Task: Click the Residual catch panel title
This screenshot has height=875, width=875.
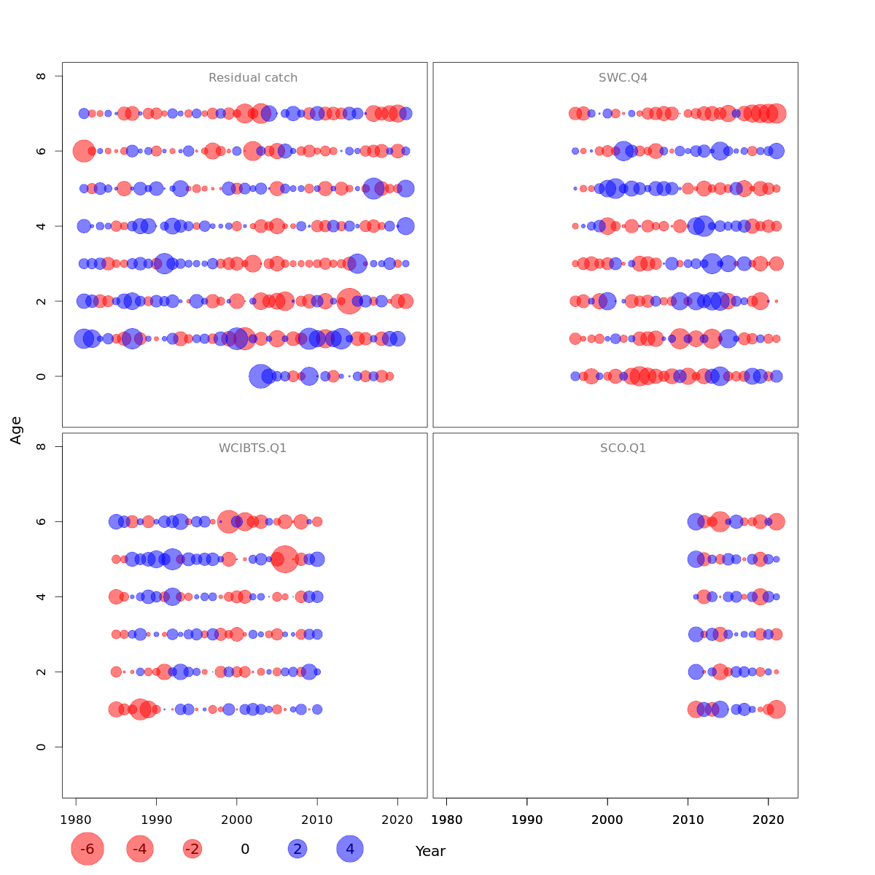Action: (x=253, y=78)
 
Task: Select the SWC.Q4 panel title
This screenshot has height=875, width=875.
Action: (x=623, y=78)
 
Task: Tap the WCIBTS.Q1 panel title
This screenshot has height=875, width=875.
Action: (x=253, y=448)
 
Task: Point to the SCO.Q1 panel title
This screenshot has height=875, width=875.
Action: (x=623, y=448)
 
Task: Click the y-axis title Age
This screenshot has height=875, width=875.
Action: (x=16, y=430)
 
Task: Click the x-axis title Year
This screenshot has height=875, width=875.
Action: (x=430, y=851)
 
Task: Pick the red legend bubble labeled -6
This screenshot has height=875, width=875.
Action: (x=87, y=849)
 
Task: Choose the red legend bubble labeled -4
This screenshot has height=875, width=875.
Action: (x=140, y=849)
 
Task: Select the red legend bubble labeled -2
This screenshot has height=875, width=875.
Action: (x=192, y=849)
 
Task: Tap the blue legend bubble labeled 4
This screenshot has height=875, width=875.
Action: (x=350, y=849)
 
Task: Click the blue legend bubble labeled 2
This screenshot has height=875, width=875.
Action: (x=297, y=849)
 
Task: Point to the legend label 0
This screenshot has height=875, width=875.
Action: (x=245, y=849)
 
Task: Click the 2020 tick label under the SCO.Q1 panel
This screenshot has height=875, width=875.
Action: (x=769, y=820)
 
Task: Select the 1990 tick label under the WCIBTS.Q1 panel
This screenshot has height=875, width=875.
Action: (x=156, y=820)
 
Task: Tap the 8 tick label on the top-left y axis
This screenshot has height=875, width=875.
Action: (x=42, y=76)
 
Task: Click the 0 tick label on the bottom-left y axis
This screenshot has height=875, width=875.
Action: (x=42, y=747)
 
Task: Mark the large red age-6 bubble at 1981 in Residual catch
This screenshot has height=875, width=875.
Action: (x=84, y=151)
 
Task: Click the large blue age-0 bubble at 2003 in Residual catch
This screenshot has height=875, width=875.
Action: (x=260, y=376)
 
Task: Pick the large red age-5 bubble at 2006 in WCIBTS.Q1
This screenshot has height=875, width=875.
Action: (x=284, y=559)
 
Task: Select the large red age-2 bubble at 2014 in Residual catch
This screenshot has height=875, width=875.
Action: (x=349, y=301)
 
